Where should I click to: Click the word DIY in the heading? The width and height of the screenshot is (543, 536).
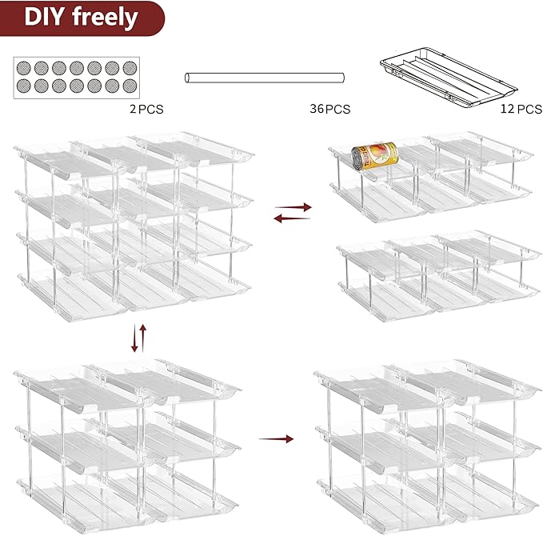point(46,18)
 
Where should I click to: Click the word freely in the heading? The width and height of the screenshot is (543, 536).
point(105,18)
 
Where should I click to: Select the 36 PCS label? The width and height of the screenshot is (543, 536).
point(330,109)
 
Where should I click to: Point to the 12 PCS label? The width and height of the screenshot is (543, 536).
point(520,109)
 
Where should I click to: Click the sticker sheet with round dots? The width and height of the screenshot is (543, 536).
point(77,78)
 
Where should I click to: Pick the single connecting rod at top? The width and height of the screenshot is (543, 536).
point(265,78)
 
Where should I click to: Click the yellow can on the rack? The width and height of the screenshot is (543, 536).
point(373,154)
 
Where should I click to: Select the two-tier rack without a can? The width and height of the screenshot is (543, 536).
point(436,272)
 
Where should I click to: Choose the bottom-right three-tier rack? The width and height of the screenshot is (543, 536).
point(428,440)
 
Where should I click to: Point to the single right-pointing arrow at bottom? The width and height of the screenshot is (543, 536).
point(276,438)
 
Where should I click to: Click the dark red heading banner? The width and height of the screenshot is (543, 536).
point(80,18)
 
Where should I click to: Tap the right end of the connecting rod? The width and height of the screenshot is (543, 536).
point(341,78)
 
